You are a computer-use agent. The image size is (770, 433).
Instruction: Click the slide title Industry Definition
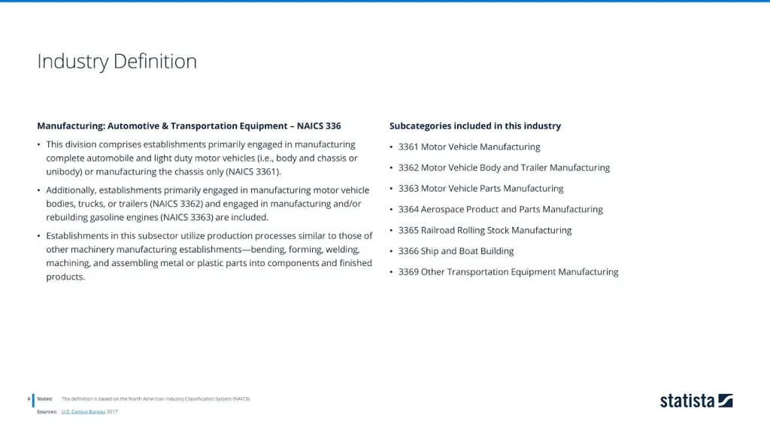(x=117, y=62)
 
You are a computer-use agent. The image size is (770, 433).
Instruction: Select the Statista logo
(x=696, y=401)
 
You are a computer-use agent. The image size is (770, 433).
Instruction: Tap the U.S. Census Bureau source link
(x=83, y=412)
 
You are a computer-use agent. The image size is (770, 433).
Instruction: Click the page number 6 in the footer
(x=29, y=398)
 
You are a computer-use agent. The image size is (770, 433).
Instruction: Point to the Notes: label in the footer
(x=44, y=398)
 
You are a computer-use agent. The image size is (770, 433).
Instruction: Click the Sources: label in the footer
(x=47, y=412)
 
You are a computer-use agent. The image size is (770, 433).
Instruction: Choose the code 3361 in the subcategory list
(x=408, y=147)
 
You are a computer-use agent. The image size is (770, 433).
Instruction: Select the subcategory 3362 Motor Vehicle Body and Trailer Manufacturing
(x=504, y=168)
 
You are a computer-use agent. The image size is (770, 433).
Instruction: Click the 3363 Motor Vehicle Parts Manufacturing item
(x=480, y=189)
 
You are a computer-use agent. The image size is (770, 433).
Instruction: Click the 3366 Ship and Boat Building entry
(x=456, y=251)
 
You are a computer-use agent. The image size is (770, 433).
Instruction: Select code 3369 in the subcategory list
(x=408, y=272)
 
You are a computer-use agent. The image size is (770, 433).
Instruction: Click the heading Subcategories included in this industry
(x=474, y=126)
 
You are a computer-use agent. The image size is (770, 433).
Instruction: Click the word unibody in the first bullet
(x=65, y=172)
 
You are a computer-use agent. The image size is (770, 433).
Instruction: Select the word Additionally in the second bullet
(x=74, y=191)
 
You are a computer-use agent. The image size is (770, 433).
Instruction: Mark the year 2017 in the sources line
(x=112, y=412)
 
